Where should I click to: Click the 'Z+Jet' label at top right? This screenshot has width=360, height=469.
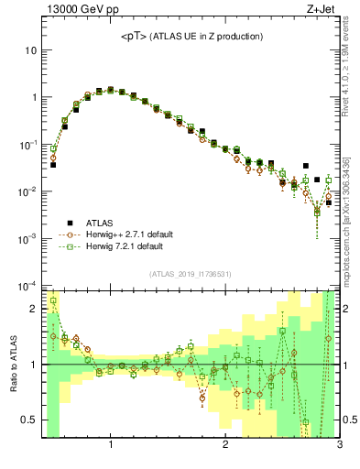click(323, 10)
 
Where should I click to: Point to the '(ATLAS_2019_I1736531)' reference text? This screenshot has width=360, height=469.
click(191, 274)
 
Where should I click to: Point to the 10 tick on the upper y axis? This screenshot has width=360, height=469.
click(31, 49)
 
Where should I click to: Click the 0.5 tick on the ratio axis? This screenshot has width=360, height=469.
click(31, 420)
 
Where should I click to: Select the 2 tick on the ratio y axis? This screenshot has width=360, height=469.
click(35, 310)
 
